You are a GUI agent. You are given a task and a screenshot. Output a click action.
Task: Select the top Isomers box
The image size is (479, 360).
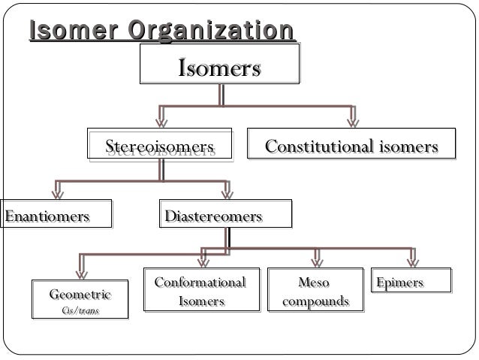(x=219, y=69)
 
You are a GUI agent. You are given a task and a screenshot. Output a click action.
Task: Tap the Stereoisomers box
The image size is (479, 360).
(x=159, y=147)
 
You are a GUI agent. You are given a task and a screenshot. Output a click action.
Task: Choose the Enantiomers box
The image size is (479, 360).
(x=48, y=216)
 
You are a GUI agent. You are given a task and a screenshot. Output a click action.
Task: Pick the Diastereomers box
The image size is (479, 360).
(x=214, y=216)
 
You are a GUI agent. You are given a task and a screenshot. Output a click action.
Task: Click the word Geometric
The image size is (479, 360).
(x=80, y=293)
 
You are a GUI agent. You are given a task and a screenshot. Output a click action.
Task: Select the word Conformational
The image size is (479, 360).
(x=200, y=283)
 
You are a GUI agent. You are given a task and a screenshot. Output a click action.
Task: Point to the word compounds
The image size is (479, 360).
(x=315, y=301)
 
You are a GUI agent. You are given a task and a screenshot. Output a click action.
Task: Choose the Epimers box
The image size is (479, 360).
(x=400, y=283)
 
